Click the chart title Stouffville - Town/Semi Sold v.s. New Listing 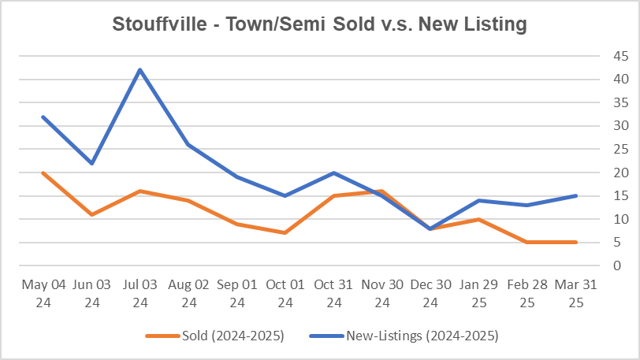point(320,24)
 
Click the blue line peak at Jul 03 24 point(140,70)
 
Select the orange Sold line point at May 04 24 point(43,173)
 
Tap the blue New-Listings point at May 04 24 point(43,117)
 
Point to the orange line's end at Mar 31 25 point(576,242)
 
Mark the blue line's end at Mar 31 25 point(576,195)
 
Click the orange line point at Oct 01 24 point(285,232)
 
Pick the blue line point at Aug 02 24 point(188,144)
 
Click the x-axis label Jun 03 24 point(91,293)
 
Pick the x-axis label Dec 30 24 point(430,293)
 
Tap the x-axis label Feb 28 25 point(527,293)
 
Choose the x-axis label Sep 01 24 point(236,293)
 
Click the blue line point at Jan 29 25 point(479,200)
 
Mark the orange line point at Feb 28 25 point(527,242)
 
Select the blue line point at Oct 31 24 point(333,173)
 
